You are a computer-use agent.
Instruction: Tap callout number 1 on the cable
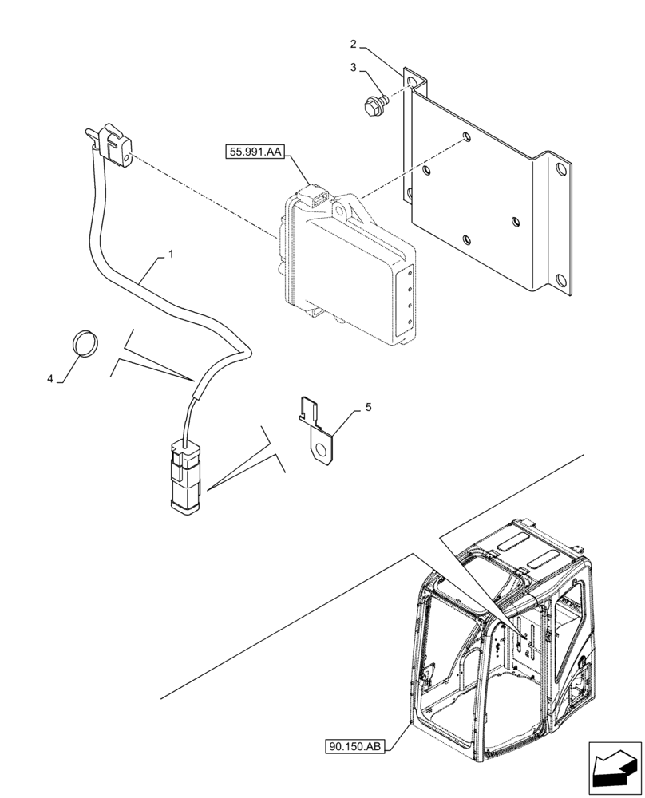(x=170, y=255)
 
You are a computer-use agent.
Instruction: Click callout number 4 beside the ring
(x=49, y=381)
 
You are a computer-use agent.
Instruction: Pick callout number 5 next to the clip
(x=368, y=407)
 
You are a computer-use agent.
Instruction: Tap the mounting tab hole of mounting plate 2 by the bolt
(x=411, y=82)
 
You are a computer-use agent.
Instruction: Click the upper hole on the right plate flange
(x=560, y=170)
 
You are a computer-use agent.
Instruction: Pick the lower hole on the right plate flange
(x=562, y=279)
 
